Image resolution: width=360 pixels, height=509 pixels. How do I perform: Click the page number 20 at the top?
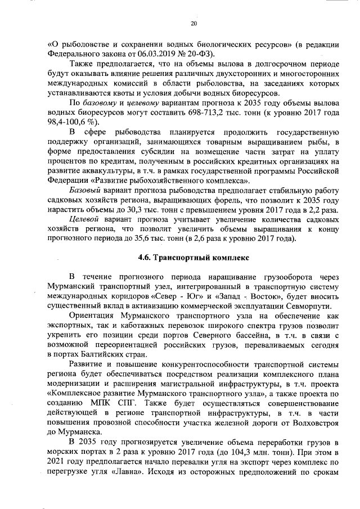pyautogui.click(x=193, y=24)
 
